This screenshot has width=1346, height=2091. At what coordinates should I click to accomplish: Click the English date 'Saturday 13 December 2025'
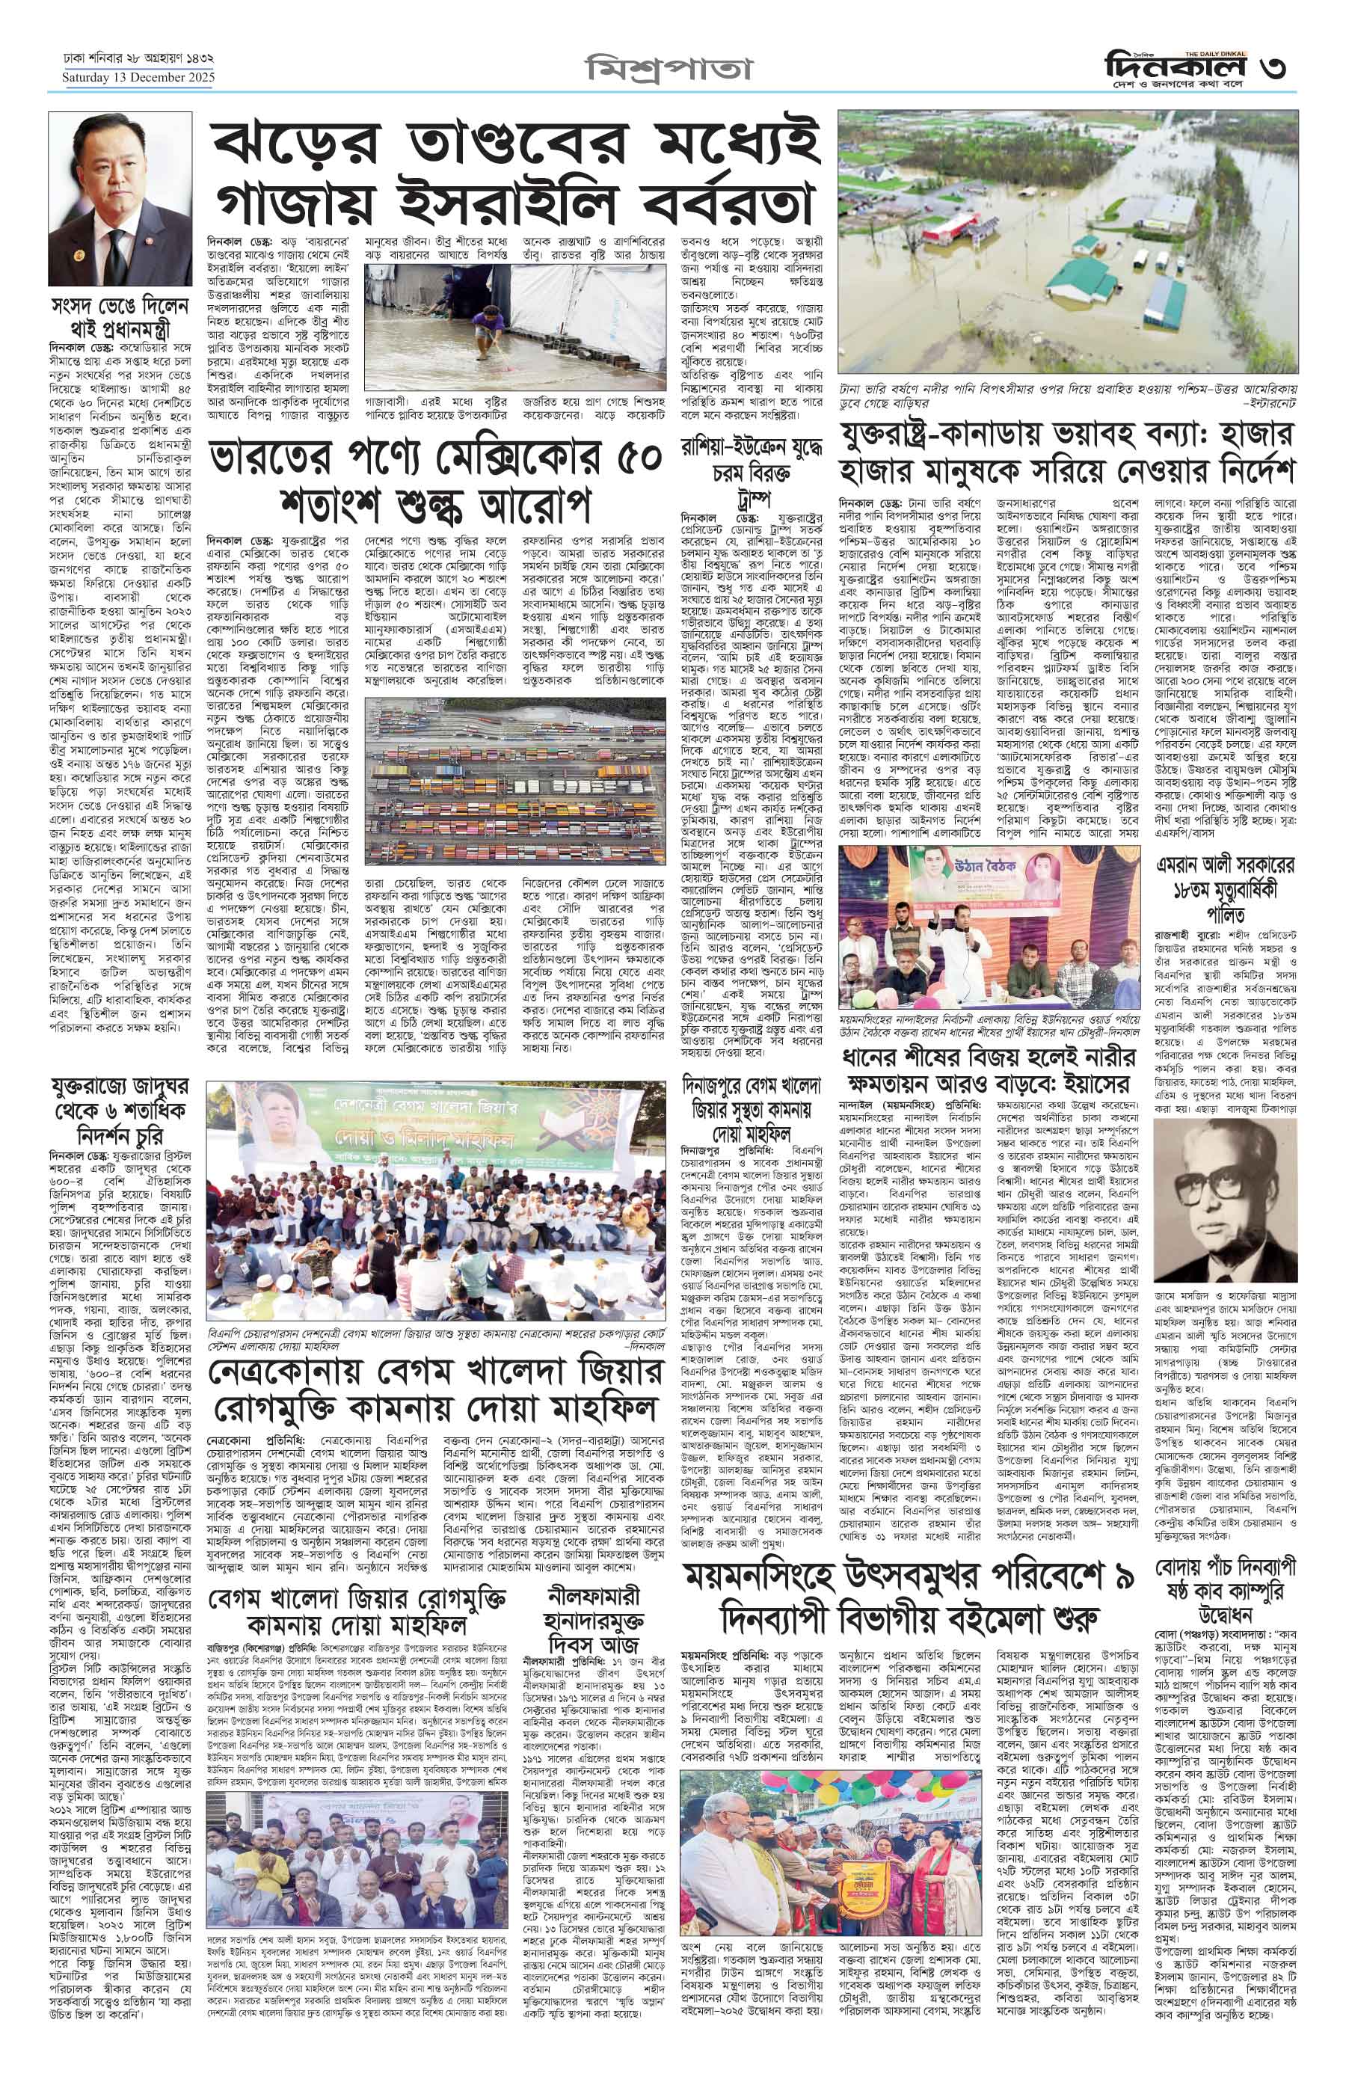coord(138,78)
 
